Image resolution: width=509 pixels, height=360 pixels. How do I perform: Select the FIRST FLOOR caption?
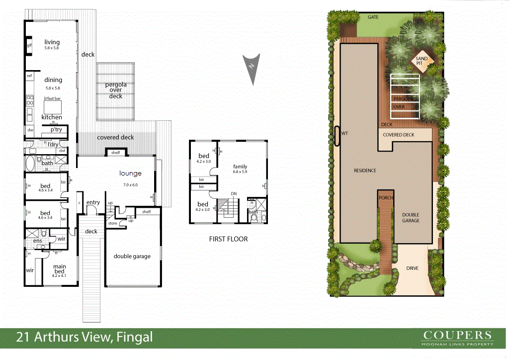click(x=228, y=239)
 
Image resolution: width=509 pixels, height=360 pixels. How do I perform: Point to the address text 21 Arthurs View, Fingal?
click(x=85, y=338)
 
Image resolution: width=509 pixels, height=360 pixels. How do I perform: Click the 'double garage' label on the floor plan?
click(x=132, y=257)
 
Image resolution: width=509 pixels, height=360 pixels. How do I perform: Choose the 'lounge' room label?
click(x=130, y=174)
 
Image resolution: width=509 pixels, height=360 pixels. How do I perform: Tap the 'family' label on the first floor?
click(x=241, y=167)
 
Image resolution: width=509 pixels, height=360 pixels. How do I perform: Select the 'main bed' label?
click(x=59, y=269)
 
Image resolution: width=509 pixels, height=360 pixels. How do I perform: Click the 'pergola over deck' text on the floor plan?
click(x=115, y=90)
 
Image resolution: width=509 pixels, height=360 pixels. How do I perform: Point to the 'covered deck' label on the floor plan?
click(x=115, y=137)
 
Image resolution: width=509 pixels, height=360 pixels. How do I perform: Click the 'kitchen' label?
click(x=52, y=117)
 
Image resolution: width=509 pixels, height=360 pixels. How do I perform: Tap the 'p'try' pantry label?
click(x=55, y=129)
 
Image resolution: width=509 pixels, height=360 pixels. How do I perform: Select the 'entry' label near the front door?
click(x=93, y=202)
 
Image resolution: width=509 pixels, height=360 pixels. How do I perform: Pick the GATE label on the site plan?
click(x=373, y=17)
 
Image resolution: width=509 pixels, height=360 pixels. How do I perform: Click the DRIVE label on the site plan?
click(x=412, y=269)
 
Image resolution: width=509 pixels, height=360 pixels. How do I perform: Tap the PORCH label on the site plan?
click(x=386, y=198)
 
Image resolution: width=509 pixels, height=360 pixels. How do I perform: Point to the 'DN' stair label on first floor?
click(x=233, y=194)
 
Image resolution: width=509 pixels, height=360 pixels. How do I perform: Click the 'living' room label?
click(x=52, y=42)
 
